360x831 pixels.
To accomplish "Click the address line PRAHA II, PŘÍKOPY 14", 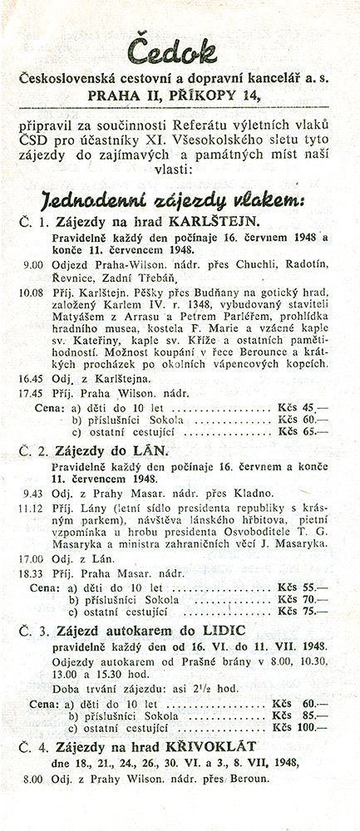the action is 180,95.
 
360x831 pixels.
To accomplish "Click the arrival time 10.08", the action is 35,293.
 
